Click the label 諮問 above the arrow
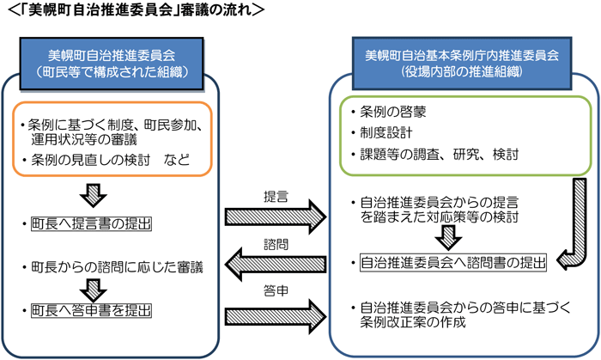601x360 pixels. click(x=276, y=244)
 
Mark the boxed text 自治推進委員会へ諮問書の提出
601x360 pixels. click(x=452, y=262)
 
